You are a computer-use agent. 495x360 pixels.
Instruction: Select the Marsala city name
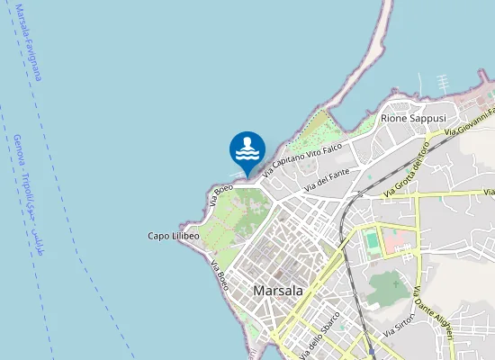278,291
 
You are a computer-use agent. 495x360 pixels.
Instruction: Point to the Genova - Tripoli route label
28,189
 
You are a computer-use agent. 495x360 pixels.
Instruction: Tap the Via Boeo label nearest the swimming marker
221,193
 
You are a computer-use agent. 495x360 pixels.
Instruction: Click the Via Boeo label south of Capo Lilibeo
220,275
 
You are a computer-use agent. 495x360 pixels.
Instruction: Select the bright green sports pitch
372,241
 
